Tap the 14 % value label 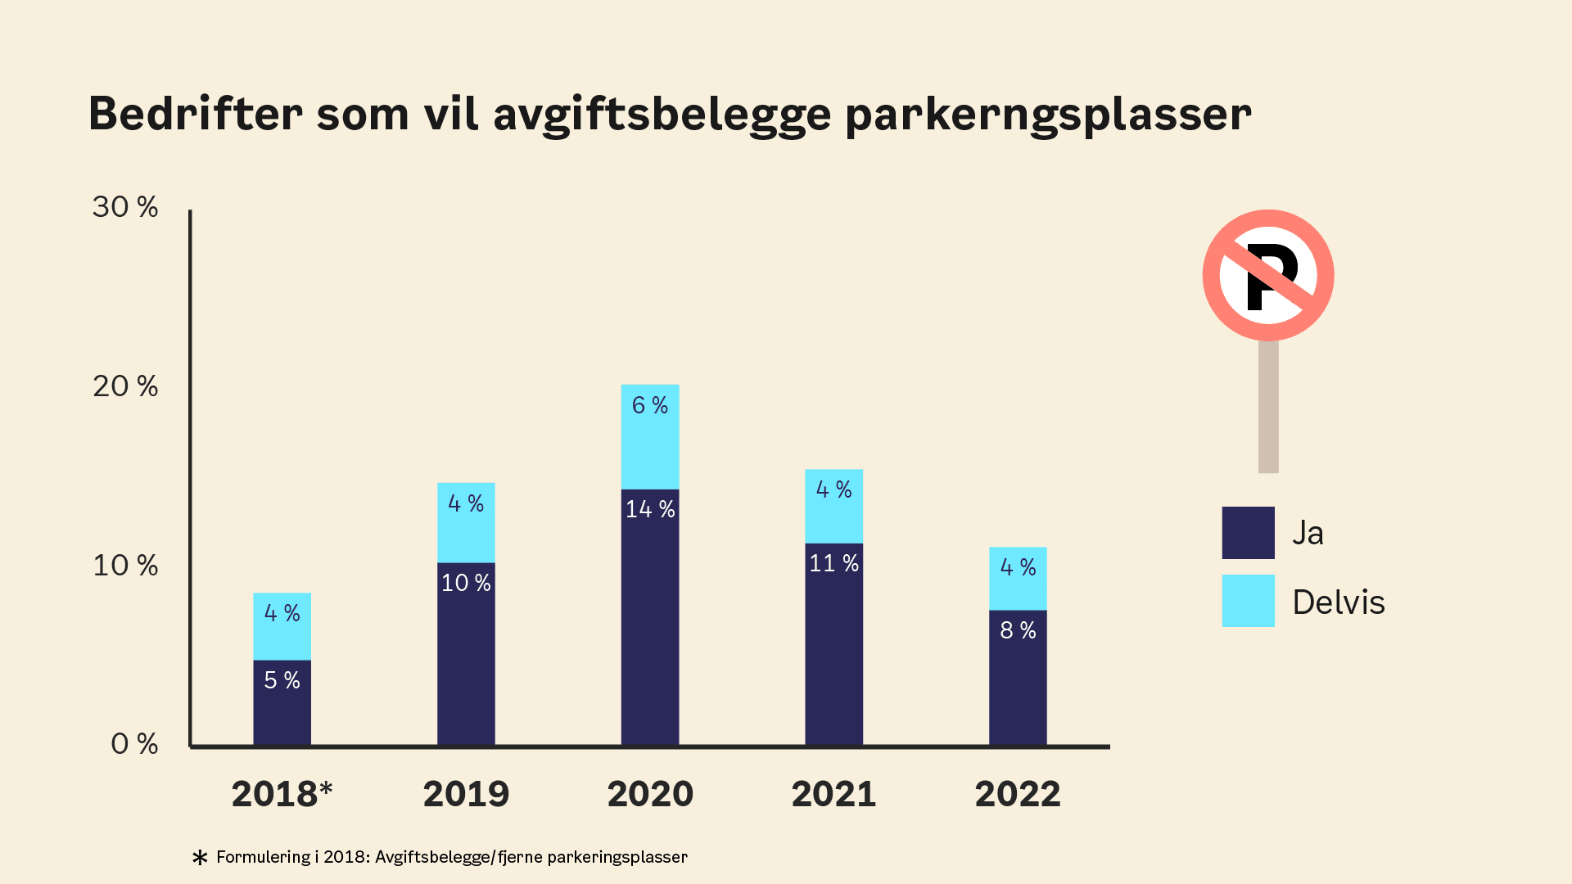(650, 509)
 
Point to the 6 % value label (650, 405)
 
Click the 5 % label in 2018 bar (282, 680)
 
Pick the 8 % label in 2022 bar (1018, 630)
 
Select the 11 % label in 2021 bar (833, 563)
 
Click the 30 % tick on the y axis (125, 207)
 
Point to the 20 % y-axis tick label (125, 386)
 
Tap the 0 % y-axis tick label (134, 744)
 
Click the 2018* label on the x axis (282, 794)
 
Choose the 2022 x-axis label (1018, 794)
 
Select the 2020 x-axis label (650, 794)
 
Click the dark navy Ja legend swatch (1248, 533)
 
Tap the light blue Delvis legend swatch (1248, 601)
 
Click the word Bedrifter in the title (195, 113)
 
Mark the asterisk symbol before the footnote (200, 858)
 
